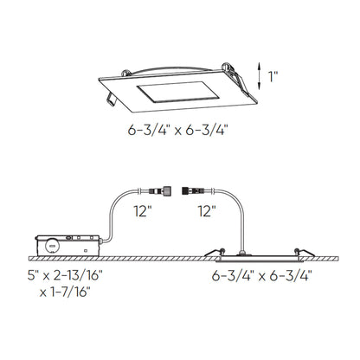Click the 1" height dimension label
(x=273, y=76)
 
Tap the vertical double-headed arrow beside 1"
(x=260, y=75)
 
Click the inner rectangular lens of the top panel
(x=178, y=92)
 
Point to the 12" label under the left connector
(x=143, y=211)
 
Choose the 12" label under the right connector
(x=207, y=211)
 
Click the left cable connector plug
(x=159, y=190)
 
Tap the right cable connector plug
(x=194, y=190)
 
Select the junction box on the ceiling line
(x=68, y=246)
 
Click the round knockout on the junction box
(x=52, y=246)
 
